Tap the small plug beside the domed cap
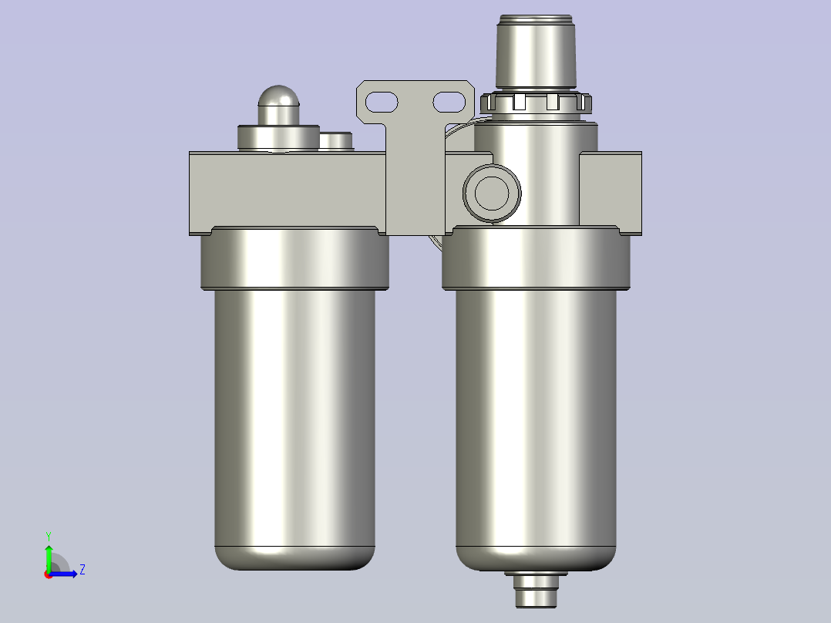pyautogui.click(x=335, y=141)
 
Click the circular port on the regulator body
pyautogui.click(x=492, y=192)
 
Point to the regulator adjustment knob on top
pyautogui.click(x=537, y=51)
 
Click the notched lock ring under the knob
pyautogui.click(x=534, y=102)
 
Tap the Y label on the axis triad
pyautogui.click(x=49, y=535)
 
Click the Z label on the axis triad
pyautogui.click(x=82, y=570)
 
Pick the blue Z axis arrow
pyautogui.click(x=66, y=574)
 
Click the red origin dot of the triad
pyautogui.click(x=48, y=574)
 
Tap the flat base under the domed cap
pyautogui.click(x=278, y=138)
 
